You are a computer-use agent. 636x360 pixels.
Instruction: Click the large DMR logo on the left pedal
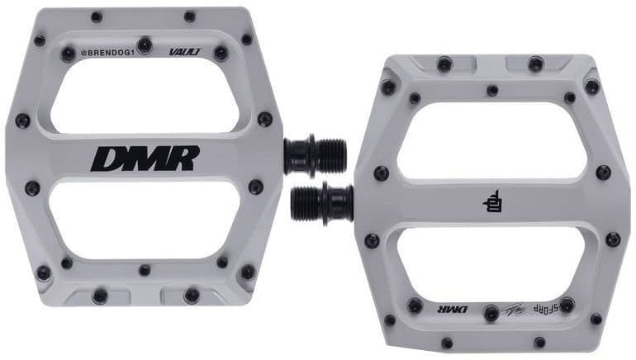coord(145,158)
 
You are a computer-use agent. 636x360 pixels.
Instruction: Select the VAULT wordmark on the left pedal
coord(184,51)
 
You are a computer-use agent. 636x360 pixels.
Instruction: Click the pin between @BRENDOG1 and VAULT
coord(145,45)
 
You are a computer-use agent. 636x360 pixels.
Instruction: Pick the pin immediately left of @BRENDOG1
coord(68,54)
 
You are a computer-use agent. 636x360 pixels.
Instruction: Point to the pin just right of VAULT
coord(221,54)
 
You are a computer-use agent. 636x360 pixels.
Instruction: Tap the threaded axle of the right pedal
coord(314,202)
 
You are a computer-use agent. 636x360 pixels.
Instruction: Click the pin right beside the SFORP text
coord(567,306)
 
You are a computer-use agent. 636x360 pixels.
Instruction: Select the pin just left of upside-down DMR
coord(415,306)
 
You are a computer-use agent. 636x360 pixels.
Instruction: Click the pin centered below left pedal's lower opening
coord(145,270)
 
